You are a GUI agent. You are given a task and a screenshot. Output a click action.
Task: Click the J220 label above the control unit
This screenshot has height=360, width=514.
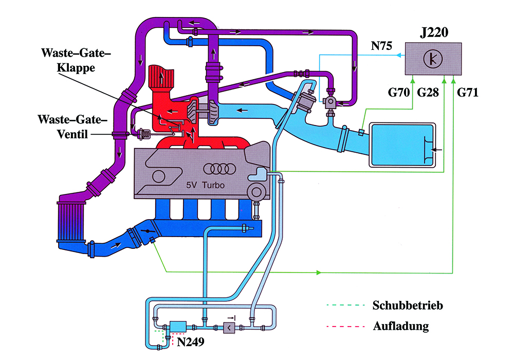[433, 34]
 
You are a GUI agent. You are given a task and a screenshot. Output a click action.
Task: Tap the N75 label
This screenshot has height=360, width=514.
[382, 46]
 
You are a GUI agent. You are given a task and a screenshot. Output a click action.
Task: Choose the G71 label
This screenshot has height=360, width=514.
[468, 93]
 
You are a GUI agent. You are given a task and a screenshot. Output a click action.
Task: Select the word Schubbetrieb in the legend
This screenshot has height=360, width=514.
[407, 305]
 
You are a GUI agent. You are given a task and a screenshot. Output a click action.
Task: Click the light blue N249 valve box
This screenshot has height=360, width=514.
[178, 327]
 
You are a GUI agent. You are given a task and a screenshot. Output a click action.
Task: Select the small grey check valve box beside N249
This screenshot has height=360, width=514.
[228, 327]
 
